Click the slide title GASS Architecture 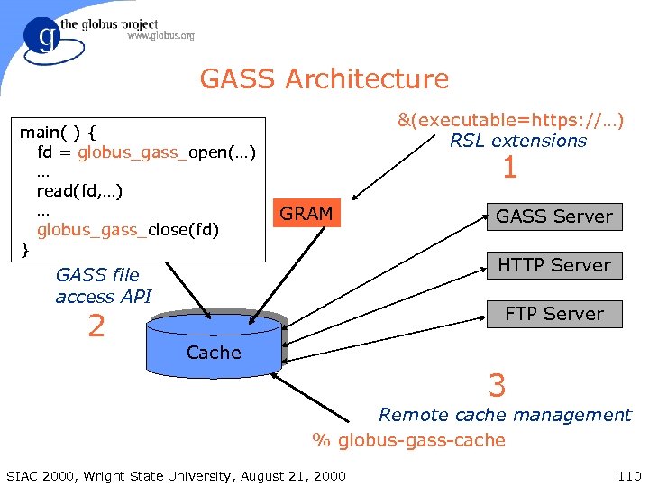click(x=324, y=79)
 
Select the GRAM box click(x=306, y=215)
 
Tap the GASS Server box click(x=553, y=216)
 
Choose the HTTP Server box click(x=553, y=265)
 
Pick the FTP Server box click(x=553, y=314)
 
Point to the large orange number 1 click(x=509, y=169)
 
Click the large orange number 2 click(x=96, y=326)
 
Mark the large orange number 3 click(x=497, y=386)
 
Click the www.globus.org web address click(x=160, y=37)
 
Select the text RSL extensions click(x=518, y=141)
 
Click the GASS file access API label click(x=103, y=286)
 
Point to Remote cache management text click(x=505, y=415)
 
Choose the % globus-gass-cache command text click(x=408, y=440)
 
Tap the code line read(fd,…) click(x=79, y=190)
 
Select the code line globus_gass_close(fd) click(x=127, y=229)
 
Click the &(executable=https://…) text click(x=511, y=120)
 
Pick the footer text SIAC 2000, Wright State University click(x=175, y=475)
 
